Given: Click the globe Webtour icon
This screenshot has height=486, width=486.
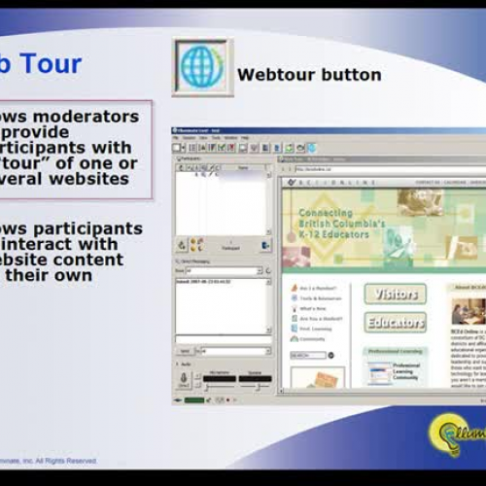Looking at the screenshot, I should pyautogui.click(x=202, y=67).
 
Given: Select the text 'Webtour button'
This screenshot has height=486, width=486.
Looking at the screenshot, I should pyautogui.click(x=309, y=75).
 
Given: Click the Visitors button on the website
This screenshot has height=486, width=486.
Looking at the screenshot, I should pyautogui.click(x=395, y=294).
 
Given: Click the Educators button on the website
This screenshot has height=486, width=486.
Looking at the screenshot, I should pyautogui.click(x=395, y=322).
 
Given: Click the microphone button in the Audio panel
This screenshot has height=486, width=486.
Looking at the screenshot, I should pyautogui.click(x=184, y=378).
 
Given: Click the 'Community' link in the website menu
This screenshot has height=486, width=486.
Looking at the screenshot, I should pyautogui.click(x=313, y=339).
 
